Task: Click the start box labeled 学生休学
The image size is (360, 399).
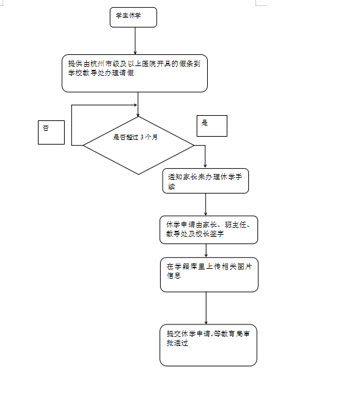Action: pyautogui.click(x=133, y=17)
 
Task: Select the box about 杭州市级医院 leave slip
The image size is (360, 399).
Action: pyautogui.click(x=135, y=73)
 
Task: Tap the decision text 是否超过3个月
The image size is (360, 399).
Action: pyautogui.click(x=135, y=137)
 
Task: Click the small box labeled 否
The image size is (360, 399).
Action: pyautogui.click(x=51, y=132)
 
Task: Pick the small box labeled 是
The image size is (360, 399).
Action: pyautogui.click(x=212, y=126)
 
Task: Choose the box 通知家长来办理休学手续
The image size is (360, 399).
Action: pyautogui.click(x=205, y=181)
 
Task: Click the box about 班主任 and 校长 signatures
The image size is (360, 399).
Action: pyautogui.click(x=208, y=230)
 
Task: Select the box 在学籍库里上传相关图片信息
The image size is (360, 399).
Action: pyautogui.click(x=209, y=275)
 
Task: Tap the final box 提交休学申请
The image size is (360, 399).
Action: pyautogui.click(x=208, y=345)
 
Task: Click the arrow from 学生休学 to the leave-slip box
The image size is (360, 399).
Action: pyautogui.click(x=135, y=41)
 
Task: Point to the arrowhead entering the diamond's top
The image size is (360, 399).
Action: pyautogui.click(x=138, y=115)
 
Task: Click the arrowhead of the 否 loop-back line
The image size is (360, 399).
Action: pyautogui.click(x=135, y=105)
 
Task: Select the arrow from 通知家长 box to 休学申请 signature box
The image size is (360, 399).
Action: pyautogui.click(x=205, y=205)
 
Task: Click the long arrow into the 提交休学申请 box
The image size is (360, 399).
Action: pyautogui.click(x=206, y=308)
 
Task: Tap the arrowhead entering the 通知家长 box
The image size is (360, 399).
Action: pyautogui.click(x=205, y=167)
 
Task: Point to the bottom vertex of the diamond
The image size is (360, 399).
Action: pyautogui.click(x=139, y=174)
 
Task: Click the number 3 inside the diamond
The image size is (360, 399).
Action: pyautogui.click(x=142, y=137)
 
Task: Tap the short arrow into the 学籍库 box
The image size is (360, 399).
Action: pyautogui.click(x=206, y=251)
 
